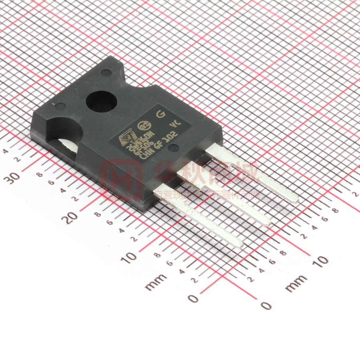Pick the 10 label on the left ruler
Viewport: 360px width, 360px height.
[x=131, y=257]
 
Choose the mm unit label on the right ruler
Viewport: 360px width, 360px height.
[x=296, y=283]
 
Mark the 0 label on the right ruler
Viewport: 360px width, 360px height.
[x=266, y=306]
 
